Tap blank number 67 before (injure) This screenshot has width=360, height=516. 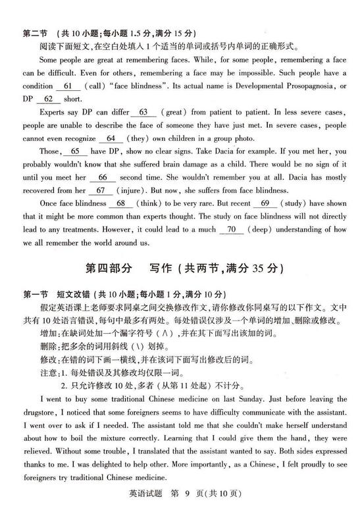(100, 190)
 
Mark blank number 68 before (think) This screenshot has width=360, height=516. (120, 203)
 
